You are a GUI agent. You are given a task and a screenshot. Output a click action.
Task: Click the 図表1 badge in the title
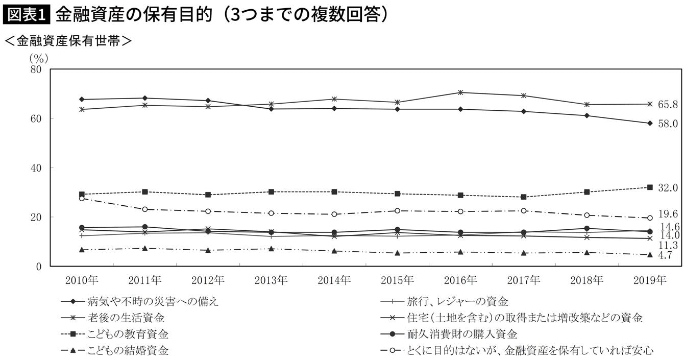(x=26, y=15)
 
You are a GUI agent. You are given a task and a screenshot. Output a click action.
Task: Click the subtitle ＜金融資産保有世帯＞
(x=68, y=41)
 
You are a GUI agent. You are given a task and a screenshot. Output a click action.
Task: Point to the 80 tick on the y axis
(x=36, y=69)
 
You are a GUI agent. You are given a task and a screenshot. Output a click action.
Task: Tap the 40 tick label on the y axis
(x=36, y=168)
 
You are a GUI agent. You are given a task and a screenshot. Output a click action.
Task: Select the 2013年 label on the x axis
(x=271, y=280)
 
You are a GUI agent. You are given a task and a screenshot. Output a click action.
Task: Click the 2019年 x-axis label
(x=650, y=280)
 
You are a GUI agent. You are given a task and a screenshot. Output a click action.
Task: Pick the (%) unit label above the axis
(x=39, y=58)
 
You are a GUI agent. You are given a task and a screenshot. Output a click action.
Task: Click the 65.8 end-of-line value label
(x=668, y=105)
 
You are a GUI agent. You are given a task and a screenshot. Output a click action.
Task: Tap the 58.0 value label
(x=668, y=124)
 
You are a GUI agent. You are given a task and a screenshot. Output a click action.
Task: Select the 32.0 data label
(x=668, y=188)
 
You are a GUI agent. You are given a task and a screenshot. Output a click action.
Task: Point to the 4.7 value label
(x=665, y=255)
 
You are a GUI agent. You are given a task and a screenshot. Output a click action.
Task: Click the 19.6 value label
(x=668, y=214)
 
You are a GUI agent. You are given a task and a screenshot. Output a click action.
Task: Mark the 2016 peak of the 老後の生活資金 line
(x=460, y=92)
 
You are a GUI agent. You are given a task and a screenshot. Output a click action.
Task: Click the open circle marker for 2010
(x=82, y=199)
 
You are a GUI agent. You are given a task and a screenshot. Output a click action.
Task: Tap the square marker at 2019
(x=650, y=187)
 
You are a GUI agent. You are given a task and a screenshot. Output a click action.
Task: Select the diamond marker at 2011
(x=145, y=98)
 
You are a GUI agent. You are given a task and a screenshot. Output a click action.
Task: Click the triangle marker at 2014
(x=334, y=251)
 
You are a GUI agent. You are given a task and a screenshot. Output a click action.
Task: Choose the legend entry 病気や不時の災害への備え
(x=140, y=302)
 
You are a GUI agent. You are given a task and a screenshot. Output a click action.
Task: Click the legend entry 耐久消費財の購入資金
(x=449, y=334)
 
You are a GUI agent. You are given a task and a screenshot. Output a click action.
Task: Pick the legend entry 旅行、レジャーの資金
(x=445, y=302)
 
